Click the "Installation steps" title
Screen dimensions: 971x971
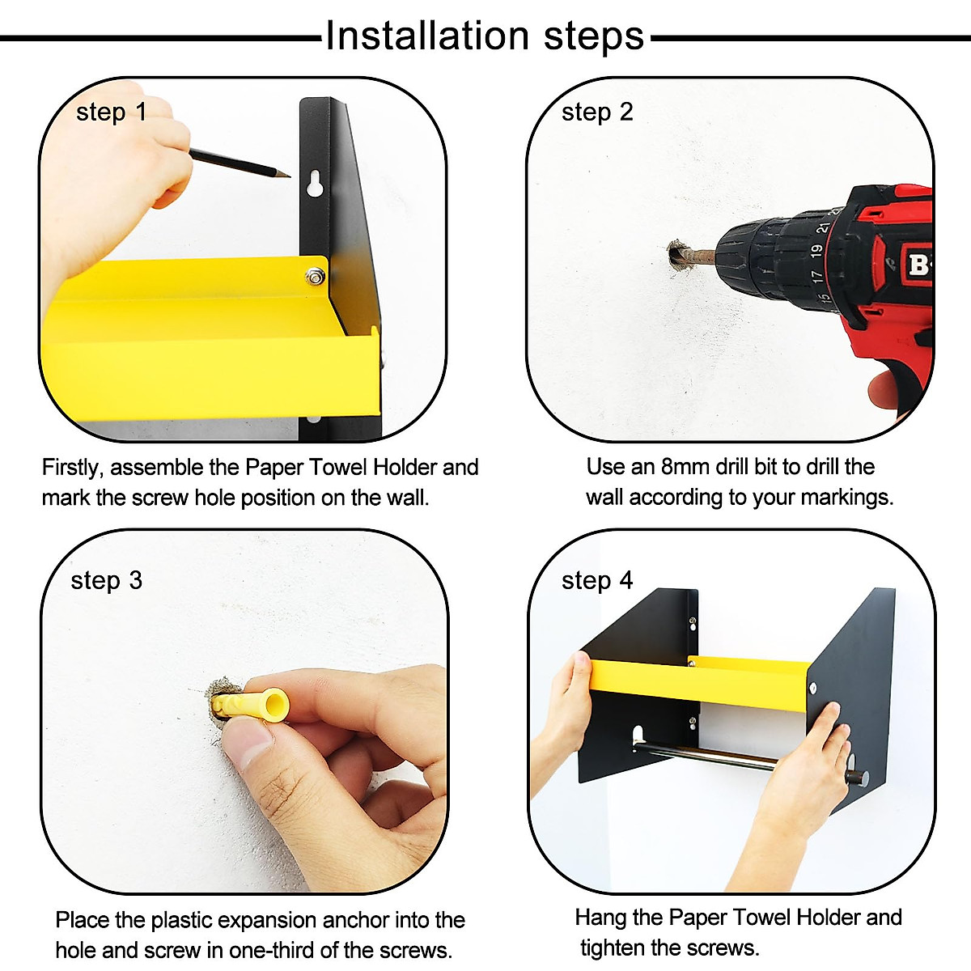pyautogui.click(x=485, y=36)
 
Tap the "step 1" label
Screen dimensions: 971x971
pyautogui.click(x=111, y=112)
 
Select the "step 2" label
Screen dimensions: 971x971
pyautogui.click(x=597, y=112)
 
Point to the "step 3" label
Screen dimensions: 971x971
pyautogui.click(x=106, y=580)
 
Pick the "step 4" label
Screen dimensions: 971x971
pyautogui.click(x=597, y=580)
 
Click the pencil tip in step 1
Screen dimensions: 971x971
pyautogui.click(x=289, y=176)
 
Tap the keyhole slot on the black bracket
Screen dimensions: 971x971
pyautogui.click(x=315, y=184)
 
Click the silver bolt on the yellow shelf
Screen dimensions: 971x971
pyautogui.click(x=315, y=277)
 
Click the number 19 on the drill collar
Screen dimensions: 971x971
pyautogui.click(x=816, y=250)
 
